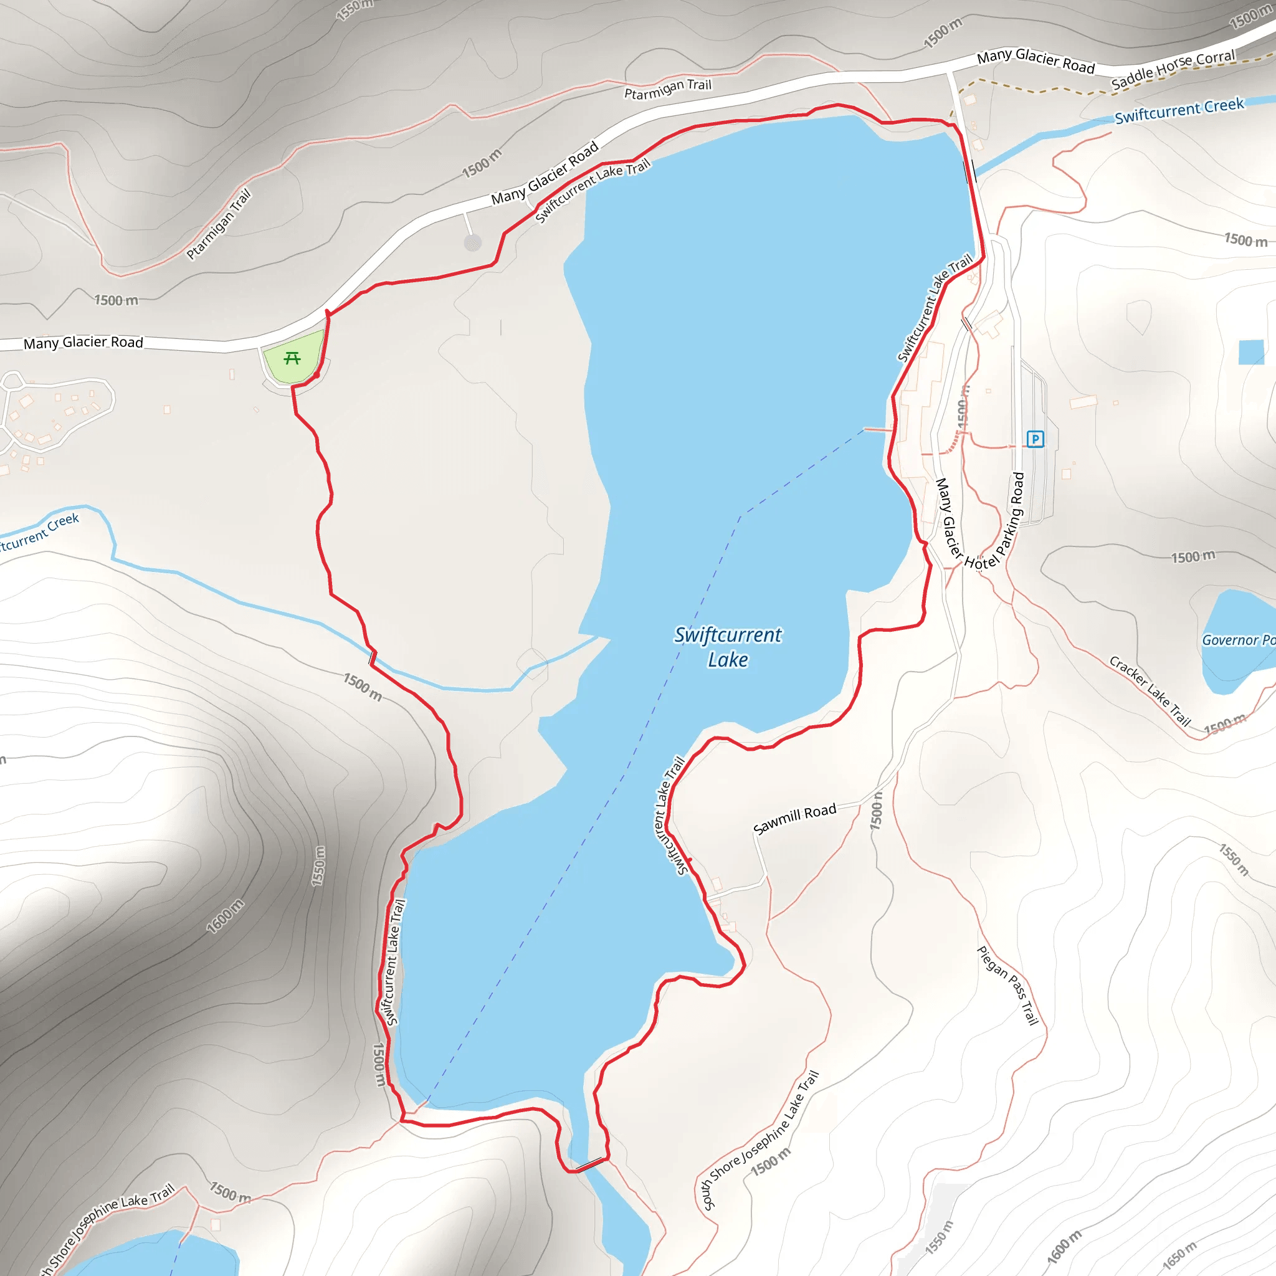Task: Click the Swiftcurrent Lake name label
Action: click(728, 647)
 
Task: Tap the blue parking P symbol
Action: click(1035, 439)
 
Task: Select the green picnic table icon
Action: click(292, 358)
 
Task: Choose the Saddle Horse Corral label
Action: click(1173, 69)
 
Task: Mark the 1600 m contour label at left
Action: click(224, 916)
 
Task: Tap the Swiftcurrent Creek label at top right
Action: click(1179, 111)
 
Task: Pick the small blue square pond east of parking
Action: click(1251, 352)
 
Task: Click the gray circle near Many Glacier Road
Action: click(472, 243)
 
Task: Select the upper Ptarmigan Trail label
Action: click(668, 88)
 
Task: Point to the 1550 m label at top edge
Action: click(355, 9)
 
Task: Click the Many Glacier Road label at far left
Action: click(83, 342)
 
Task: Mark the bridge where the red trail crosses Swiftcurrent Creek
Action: click(373, 657)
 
